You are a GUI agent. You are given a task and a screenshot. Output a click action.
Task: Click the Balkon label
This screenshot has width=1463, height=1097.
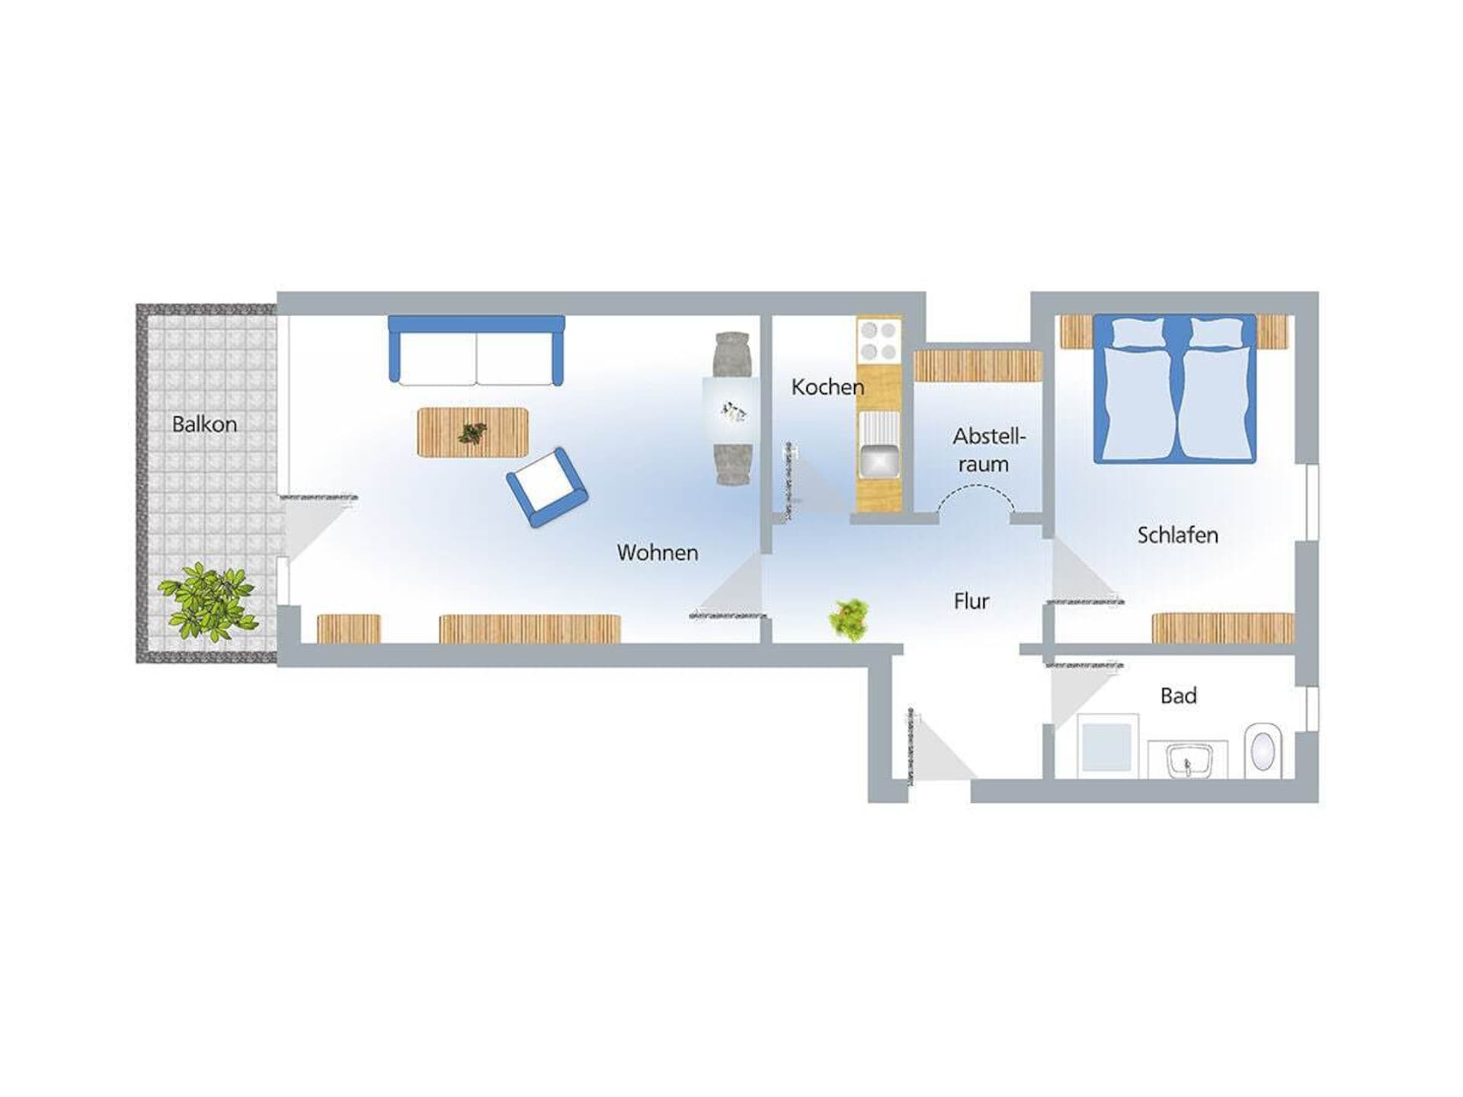pyautogui.click(x=204, y=424)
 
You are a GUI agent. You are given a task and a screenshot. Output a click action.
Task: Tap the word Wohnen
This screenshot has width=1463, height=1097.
pyautogui.click(x=658, y=552)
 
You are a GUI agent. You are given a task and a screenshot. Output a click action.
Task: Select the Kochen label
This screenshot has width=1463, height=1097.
pyautogui.click(x=828, y=387)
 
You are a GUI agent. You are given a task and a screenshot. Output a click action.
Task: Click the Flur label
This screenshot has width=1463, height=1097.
pyautogui.click(x=972, y=601)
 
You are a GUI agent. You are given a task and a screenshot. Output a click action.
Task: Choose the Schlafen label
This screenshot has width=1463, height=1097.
pyautogui.click(x=1177, y=535)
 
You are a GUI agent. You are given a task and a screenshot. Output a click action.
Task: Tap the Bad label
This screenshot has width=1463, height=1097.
pyautogui.click(x=1178, y=696)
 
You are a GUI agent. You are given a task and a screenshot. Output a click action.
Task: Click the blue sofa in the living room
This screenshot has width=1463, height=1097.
pyautogui.click(x=476, y=350)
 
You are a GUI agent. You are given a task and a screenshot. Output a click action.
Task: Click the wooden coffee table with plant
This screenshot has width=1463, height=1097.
pyautogui.click(x=472, y=432)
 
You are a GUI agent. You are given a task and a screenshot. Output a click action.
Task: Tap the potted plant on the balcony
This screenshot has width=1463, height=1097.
pyautogui.click(x=207, y=601)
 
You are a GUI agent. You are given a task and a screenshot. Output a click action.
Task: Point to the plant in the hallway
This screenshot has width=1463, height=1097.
pyautogui.click(x=850, y=619)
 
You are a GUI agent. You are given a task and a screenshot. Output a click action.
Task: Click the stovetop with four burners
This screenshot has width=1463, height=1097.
pyautogui.click(x=879, y=341)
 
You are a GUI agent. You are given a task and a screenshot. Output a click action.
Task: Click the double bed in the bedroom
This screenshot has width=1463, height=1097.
pyautogui.click(x=1174, y=389)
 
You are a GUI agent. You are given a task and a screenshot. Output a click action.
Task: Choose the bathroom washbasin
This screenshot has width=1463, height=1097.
pyautogui.click(x=1188, y=760)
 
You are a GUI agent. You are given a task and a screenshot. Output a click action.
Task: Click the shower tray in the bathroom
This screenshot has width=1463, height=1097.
pyautogui.click(x=1107, y=746)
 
